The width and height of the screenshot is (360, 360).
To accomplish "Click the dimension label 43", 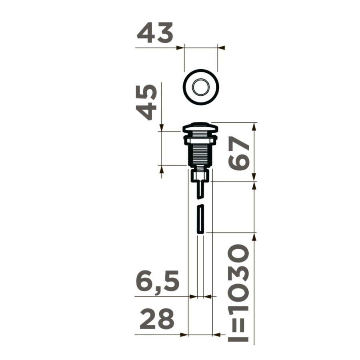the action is pyautogui.click(x=155, y=33).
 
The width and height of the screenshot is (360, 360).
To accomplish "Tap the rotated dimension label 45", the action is pyautogui.click(x=146, y=102).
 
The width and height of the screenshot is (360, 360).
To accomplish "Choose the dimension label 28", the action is pyautogui.click(x=157, y=319).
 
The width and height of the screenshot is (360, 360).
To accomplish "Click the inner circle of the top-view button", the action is pyautogui.click(x=201, y=87).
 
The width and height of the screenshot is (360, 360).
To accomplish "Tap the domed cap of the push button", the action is pyautogui.click(x=200, y=128).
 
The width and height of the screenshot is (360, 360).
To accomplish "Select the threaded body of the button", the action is pyautogui.click(x=200, y=155).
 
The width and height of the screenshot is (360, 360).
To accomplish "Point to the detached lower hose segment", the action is pyautogui.click(x=201, y=219).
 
